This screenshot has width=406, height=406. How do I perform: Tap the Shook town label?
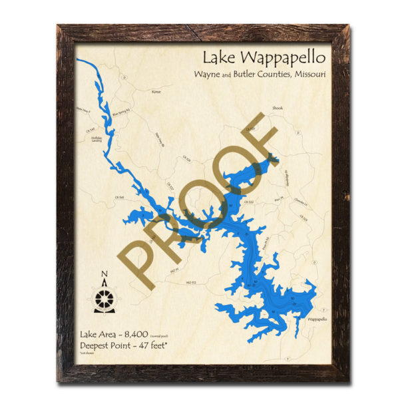coord(278,107)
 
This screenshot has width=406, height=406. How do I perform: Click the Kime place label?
coord(157,91)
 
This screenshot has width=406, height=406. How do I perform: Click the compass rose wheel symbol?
coord(104,299)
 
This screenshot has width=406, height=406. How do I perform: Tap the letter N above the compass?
coord(104,274)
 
